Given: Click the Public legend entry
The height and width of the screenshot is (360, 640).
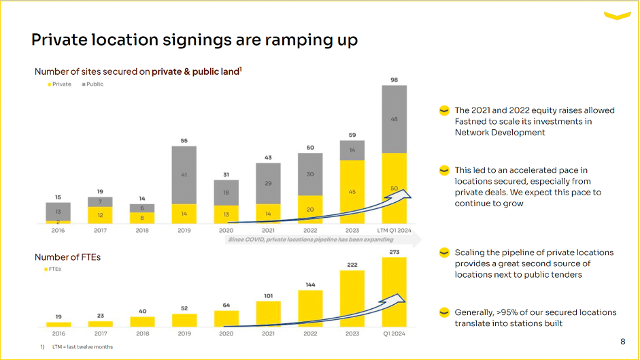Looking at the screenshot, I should point(92,84).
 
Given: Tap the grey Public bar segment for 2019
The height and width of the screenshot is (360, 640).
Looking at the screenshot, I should point(184,175).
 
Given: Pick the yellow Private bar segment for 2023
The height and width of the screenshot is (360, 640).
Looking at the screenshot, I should point(352,192).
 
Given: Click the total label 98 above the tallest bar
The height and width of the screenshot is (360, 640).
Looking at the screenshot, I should point(394,80).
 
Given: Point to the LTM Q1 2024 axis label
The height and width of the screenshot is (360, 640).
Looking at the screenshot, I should point(394,231).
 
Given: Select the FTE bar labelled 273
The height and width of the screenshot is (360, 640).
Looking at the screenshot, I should point(394,292).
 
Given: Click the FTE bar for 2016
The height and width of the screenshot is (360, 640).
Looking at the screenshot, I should point(58,325).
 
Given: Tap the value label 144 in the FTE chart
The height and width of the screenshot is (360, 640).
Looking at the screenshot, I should point(310,284).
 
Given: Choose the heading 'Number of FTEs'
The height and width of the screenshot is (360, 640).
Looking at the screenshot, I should point(67,257).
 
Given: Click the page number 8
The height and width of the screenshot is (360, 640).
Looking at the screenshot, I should point(623,342).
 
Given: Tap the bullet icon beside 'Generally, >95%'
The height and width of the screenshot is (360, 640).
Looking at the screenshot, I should point(443,312).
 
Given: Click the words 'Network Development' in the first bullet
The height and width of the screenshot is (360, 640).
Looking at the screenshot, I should point(500,132).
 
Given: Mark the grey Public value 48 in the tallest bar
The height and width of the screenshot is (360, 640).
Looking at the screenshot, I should point(394,119).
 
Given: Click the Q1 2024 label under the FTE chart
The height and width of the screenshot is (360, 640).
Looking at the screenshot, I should point(394,333).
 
